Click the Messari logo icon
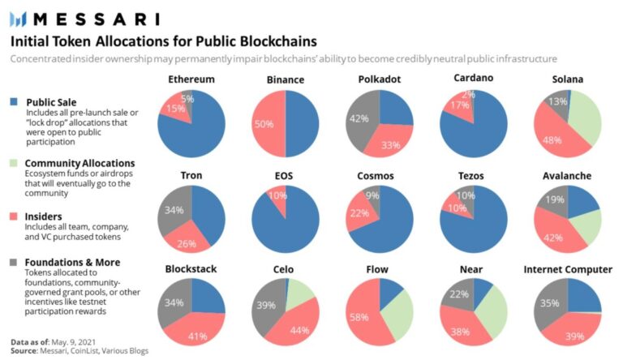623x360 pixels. tap(19, 19)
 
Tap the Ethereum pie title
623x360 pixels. tap(191, 79)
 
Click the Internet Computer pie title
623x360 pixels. tap(568, 269)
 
